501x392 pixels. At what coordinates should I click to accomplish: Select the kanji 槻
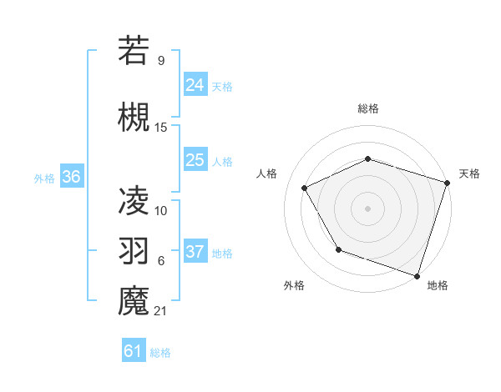(x=134, y=117)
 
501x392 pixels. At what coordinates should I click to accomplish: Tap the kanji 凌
(x=134, y=199)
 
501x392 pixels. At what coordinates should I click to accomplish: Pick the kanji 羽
(x=134, y=249)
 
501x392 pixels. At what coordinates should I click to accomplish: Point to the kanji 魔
(x=134, y=300)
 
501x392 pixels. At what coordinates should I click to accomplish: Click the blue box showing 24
(x=195, y=84)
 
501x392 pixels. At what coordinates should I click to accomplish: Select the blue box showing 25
(x=195, y=160)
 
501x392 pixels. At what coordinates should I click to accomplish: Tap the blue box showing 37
(x=195, y=252)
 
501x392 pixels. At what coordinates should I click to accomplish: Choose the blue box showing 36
(x=71, y=177)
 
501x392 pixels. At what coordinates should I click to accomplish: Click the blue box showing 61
(x=134, y=351)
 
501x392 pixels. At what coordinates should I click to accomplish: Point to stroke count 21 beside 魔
(x=161, y=311)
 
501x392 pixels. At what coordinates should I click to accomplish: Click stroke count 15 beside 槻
(x=161, y=127)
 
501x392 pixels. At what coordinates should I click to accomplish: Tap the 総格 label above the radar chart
(x=368, y=108)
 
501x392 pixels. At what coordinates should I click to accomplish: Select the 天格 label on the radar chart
(x=469, y=173)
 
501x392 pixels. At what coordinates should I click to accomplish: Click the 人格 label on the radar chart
(x=267, y=173)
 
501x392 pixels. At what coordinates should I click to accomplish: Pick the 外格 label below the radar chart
(x=294, y=285)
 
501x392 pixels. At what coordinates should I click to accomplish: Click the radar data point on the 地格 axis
(x=417, y=274)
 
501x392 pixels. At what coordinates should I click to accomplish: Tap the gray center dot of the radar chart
(x=368, y=208)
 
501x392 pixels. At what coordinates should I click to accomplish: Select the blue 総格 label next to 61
(x=160, y=353)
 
